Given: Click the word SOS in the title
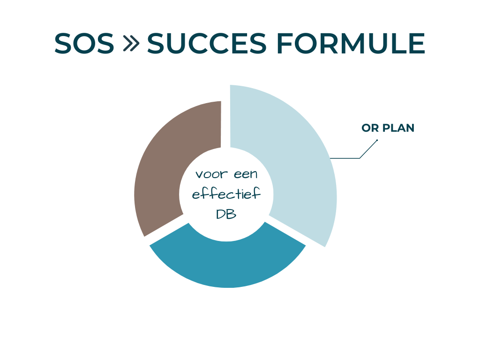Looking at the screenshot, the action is point(84,44).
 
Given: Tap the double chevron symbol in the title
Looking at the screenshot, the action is point(131,44).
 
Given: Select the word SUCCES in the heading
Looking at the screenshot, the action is point(207,44).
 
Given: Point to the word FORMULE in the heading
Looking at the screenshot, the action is point(350,44).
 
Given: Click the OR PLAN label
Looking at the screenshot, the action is point(388,128).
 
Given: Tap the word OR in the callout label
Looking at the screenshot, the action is point(370,128).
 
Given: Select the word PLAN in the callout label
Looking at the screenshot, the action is point(398,128).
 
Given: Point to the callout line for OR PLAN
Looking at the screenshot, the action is point(347,158).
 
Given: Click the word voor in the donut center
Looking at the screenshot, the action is point(210,174).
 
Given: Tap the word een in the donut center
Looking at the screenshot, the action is point(245,174).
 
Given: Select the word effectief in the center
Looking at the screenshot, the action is point(226,194).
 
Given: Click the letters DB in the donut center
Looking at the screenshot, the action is point(226,214).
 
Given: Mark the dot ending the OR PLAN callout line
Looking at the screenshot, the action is point(377,140).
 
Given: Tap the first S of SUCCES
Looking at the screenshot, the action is point(157,44).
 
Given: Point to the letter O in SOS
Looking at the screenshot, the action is point(84,44).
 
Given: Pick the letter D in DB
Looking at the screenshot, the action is point(221,214).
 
